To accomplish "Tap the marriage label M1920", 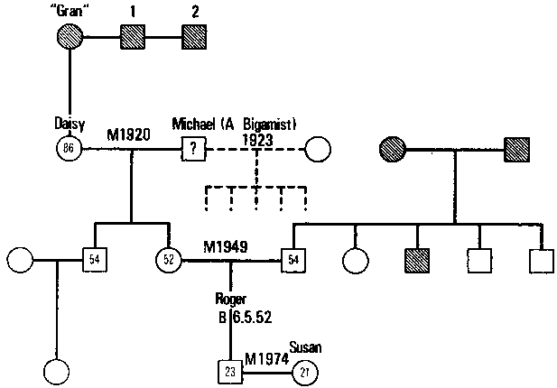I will [x=128, y=134].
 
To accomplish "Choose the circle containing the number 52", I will [x=168, y=262].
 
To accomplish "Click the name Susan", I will [x=304, y=346].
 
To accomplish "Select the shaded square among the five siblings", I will [x=416, y=262].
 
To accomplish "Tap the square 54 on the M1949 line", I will [x=293, y=262].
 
